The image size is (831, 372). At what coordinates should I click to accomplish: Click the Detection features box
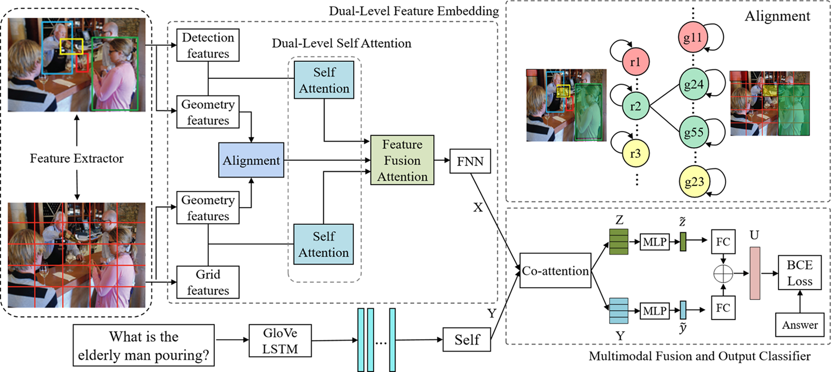tap(208, 45)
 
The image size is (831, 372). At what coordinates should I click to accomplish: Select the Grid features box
tap(208, 282)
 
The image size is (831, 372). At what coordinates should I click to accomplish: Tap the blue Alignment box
tap(251, 160)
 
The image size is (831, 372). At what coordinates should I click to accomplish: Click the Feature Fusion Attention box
tap(402, 160)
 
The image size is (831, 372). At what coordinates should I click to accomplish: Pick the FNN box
tap(470, 161)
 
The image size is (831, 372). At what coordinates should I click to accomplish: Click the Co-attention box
tap(555, 271)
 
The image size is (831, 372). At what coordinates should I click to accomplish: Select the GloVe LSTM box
tap(280, 341)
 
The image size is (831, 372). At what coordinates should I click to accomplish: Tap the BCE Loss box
tap(799, 273)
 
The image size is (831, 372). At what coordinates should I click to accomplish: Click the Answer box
tap(799, 325)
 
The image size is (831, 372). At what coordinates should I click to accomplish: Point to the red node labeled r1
tap(635, 62)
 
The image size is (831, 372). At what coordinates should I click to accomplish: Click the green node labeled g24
tap(693, 84)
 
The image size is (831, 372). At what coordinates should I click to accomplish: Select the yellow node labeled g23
tap(693, 181)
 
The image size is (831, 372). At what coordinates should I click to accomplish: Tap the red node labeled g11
tap(692, 37)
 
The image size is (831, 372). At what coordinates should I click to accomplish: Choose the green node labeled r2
tap(635, 106)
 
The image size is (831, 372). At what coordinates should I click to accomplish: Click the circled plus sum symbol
tap(723, 274)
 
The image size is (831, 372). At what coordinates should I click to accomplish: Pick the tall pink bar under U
tap(754, 273)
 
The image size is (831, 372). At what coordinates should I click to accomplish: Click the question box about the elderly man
tap(143, 345)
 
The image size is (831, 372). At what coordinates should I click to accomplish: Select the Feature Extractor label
tap(77, 158)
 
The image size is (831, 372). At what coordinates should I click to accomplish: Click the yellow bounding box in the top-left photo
tap(71, 46)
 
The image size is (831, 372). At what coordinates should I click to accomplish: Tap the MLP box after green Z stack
tap(654, 242)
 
